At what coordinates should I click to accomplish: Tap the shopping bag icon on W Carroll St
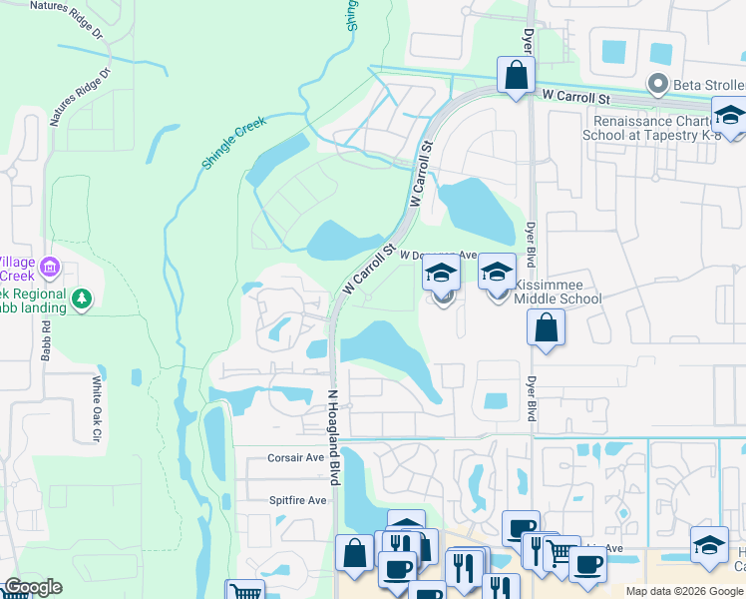(516, 75)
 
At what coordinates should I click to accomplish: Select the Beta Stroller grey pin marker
(656, 84)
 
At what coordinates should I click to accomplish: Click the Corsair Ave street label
(296, 457)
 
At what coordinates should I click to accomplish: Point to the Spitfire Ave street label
(297, 500)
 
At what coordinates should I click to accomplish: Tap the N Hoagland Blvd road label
(335, 437)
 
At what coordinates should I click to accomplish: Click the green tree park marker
(82, 297)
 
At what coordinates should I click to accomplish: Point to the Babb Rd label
(46, 344)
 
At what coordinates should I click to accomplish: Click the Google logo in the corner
(32, 587)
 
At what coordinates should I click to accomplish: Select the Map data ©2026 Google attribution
(684, 591)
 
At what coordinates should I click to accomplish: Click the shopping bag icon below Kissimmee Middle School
(546, 328)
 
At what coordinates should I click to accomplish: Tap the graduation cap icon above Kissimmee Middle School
(497, 271)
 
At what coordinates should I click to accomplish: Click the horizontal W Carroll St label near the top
(575, 98)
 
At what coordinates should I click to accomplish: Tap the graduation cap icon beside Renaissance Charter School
(730, 115)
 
